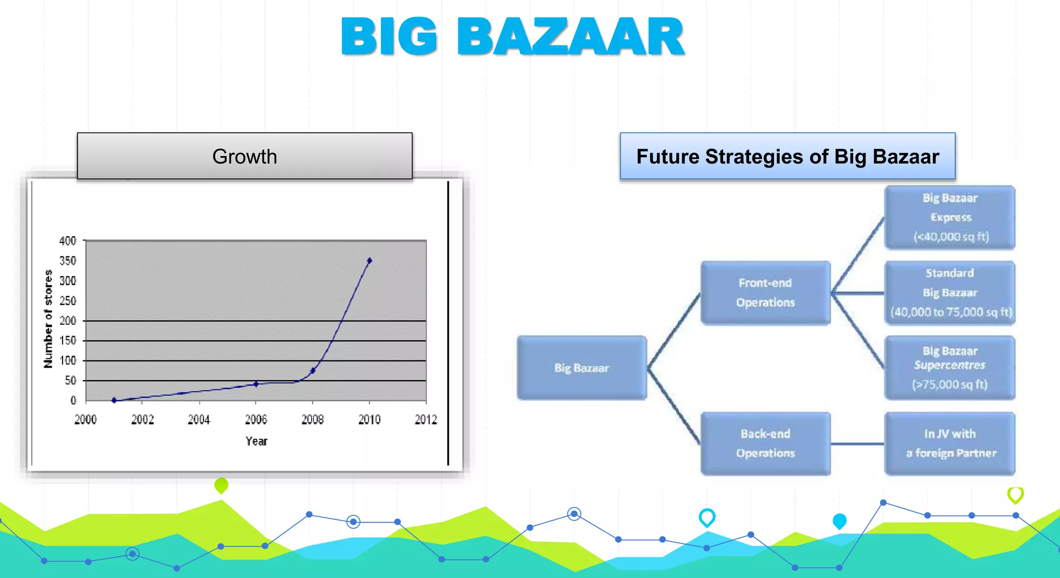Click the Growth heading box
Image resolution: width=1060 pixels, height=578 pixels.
(x=245, y=156)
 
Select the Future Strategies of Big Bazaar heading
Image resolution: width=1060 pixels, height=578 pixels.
(x=787, y=156)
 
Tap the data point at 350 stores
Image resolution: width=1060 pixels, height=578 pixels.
(x=369, y=261)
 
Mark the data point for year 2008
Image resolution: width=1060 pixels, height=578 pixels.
(x=313, y=370)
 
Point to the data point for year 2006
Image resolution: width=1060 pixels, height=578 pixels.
(x=256, y=384)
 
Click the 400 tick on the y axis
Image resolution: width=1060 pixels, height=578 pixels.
(x=68, y=241)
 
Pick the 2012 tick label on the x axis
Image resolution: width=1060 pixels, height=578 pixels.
(x=426, y=420)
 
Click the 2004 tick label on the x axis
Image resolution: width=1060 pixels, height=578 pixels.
(x=199, y=420)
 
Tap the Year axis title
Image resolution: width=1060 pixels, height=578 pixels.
(x=256, y=441)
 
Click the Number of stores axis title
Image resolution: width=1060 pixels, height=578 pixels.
(x=48, y=319)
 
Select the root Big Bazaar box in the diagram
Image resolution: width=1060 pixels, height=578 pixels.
(x=582, y=368)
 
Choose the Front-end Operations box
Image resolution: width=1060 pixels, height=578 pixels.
(x=765, y=293)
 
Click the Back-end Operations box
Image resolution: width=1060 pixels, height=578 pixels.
(x=765, y=444)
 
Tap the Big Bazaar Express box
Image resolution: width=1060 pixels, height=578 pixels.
(x=950, y=218)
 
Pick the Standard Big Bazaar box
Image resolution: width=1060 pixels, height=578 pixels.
(x=950, y=293)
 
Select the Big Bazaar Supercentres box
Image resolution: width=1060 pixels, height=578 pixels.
(x=950, y=368)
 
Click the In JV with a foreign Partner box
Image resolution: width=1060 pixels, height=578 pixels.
(x=950, y=444)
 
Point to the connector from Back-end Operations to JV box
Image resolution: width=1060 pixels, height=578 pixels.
(x=858, y=444)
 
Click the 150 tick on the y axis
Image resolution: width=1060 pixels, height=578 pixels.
(x=68, y=340)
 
